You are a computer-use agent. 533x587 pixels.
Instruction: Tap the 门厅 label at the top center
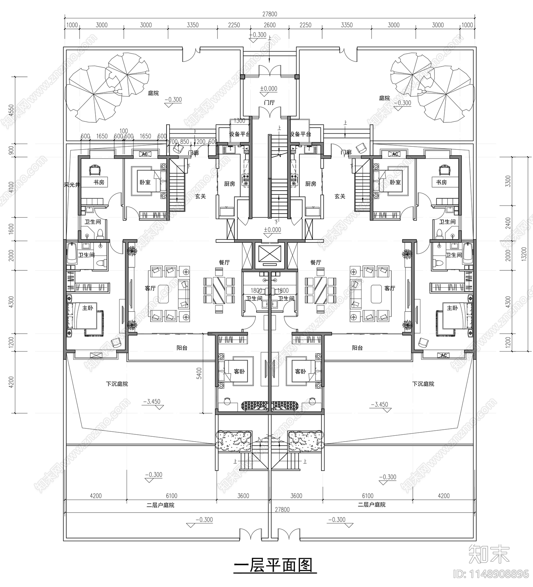[269, 102]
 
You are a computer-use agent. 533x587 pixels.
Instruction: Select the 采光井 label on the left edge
[72, 185]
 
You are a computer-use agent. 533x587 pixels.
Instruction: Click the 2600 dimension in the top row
[269, 25]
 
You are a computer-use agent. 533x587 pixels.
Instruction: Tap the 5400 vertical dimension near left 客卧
[199, 373]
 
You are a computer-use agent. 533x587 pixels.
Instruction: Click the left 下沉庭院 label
[117, 384]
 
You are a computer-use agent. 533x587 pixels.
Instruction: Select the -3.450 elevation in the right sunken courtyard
[379, 405]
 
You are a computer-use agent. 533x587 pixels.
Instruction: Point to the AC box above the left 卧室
[145, 154]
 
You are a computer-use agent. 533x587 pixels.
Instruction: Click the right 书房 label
[441, 182]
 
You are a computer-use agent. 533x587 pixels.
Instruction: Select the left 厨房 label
[230, 184]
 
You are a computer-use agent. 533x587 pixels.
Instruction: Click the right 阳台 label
[357, 348]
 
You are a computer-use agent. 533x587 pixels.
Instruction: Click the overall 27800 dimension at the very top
[269, 14]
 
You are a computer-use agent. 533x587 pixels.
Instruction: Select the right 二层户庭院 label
[371, 505]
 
